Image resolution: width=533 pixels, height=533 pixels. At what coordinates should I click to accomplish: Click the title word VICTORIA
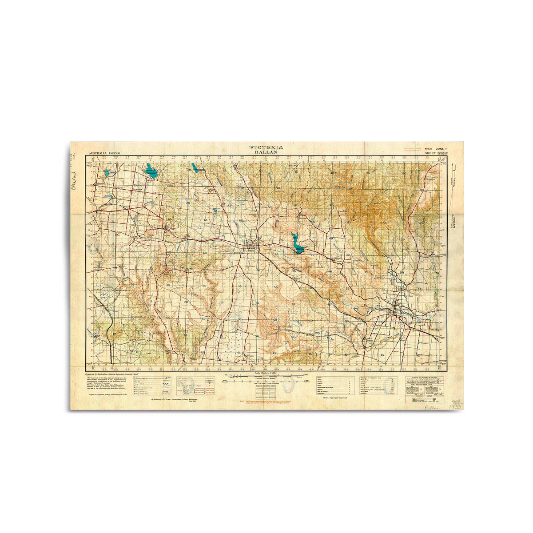[x=266, y=147]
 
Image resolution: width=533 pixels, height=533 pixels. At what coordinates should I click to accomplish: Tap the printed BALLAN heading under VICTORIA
[x=266, y=152]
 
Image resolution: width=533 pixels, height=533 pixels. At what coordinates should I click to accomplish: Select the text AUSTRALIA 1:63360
[x=106, y=153]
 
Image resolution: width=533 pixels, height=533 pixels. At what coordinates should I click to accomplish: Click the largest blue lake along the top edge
[x=151, y=171]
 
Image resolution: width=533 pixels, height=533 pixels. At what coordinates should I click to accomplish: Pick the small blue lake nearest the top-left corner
[x=106, y=172]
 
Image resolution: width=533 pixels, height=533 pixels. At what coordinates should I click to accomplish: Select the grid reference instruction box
[x=423, y=387]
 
